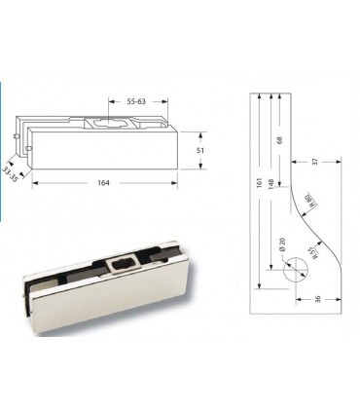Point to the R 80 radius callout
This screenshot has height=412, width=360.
(309, 203)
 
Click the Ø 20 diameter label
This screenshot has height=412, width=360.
(281, 247)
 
